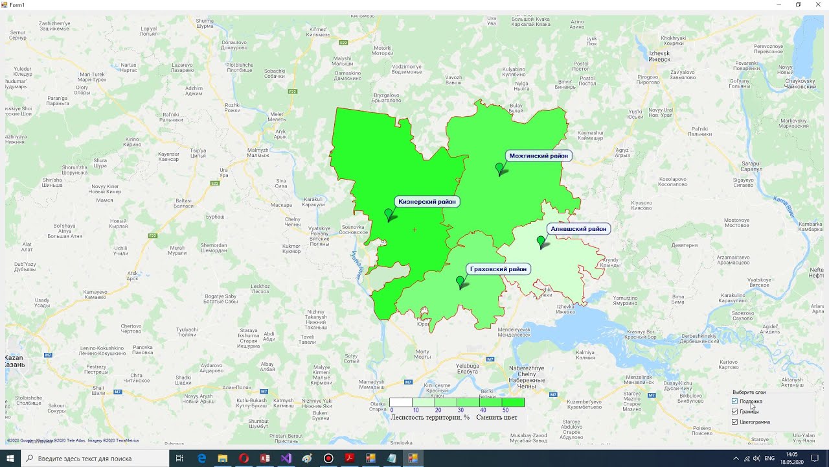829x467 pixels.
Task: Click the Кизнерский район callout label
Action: (427, 202)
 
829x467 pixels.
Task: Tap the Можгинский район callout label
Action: (538, 156)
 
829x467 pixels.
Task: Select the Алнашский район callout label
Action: (578, 229)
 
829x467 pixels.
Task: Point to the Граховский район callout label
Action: (498, 269)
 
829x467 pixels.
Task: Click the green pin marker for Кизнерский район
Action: (389, 214)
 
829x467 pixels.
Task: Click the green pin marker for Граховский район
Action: (460, 282)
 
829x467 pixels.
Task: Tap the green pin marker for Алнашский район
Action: (541, 242)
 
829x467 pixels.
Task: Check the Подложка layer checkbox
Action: (734, 401)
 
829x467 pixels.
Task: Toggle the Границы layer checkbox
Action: (734, 412)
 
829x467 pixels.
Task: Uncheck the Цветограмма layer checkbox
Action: (734, 422)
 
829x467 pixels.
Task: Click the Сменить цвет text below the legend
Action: (497, 418)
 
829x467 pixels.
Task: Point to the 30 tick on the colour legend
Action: (460, 411)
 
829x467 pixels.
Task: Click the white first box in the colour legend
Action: (400, 403)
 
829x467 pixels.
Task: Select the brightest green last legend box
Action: (513, 403)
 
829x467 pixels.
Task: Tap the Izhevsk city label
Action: (659, 56)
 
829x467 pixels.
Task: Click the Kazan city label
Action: (15, 361)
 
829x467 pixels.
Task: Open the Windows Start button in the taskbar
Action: (10, 459)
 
